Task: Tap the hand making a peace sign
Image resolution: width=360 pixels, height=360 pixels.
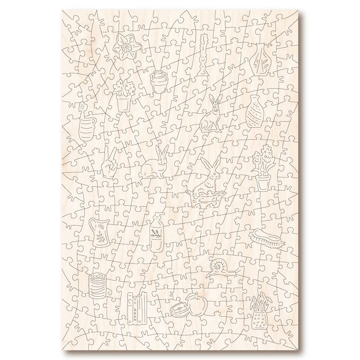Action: [x=109, y=165]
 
